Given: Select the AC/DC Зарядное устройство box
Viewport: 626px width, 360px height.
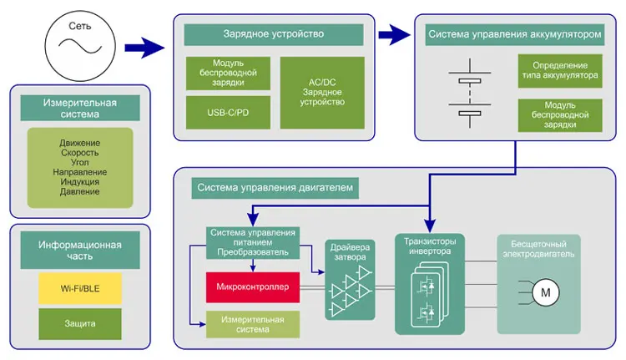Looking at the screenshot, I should coord(321,93).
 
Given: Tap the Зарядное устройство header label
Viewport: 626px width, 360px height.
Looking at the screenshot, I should coord(274,34).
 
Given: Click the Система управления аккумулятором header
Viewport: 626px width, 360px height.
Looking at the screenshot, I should coord(514,35).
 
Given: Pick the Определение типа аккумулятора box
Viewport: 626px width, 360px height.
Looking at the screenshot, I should coord(559,70).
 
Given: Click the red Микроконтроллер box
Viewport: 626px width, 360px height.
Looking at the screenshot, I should coord(252,287).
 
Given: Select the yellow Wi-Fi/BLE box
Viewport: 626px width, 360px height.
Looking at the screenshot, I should coord(80,288).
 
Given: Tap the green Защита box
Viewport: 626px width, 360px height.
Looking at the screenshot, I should coord(80,322).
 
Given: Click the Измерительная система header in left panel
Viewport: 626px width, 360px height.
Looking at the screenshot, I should coord(80,108).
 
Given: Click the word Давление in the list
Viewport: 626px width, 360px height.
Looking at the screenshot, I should coord(80,191).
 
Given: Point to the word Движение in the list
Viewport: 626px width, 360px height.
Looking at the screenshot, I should coord(80,143).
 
